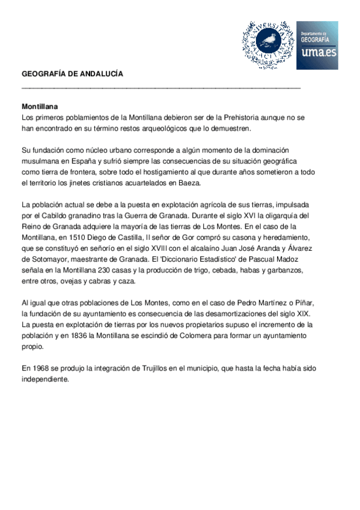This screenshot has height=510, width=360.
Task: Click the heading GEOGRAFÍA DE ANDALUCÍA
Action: pos(72,74)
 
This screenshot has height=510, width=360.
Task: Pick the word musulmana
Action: pos(39,161)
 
